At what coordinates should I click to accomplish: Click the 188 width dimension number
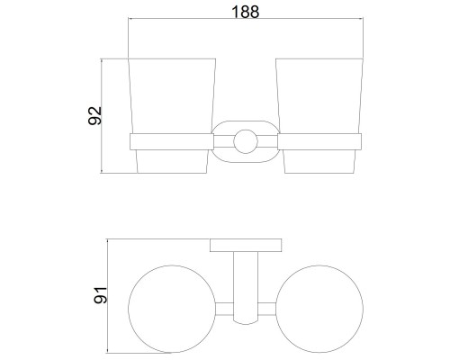pos(246,12)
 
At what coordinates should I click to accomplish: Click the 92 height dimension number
pos(94,115)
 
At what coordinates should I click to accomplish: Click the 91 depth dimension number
pos(100,295)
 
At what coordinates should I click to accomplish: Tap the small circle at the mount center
pos(246,141)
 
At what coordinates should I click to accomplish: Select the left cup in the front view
pos(172,115)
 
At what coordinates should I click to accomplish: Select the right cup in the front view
pos(319,115)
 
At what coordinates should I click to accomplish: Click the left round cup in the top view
pos(172,309)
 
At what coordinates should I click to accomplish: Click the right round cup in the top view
pos(319,309)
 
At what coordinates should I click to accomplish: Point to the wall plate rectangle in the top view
pos(246,245)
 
